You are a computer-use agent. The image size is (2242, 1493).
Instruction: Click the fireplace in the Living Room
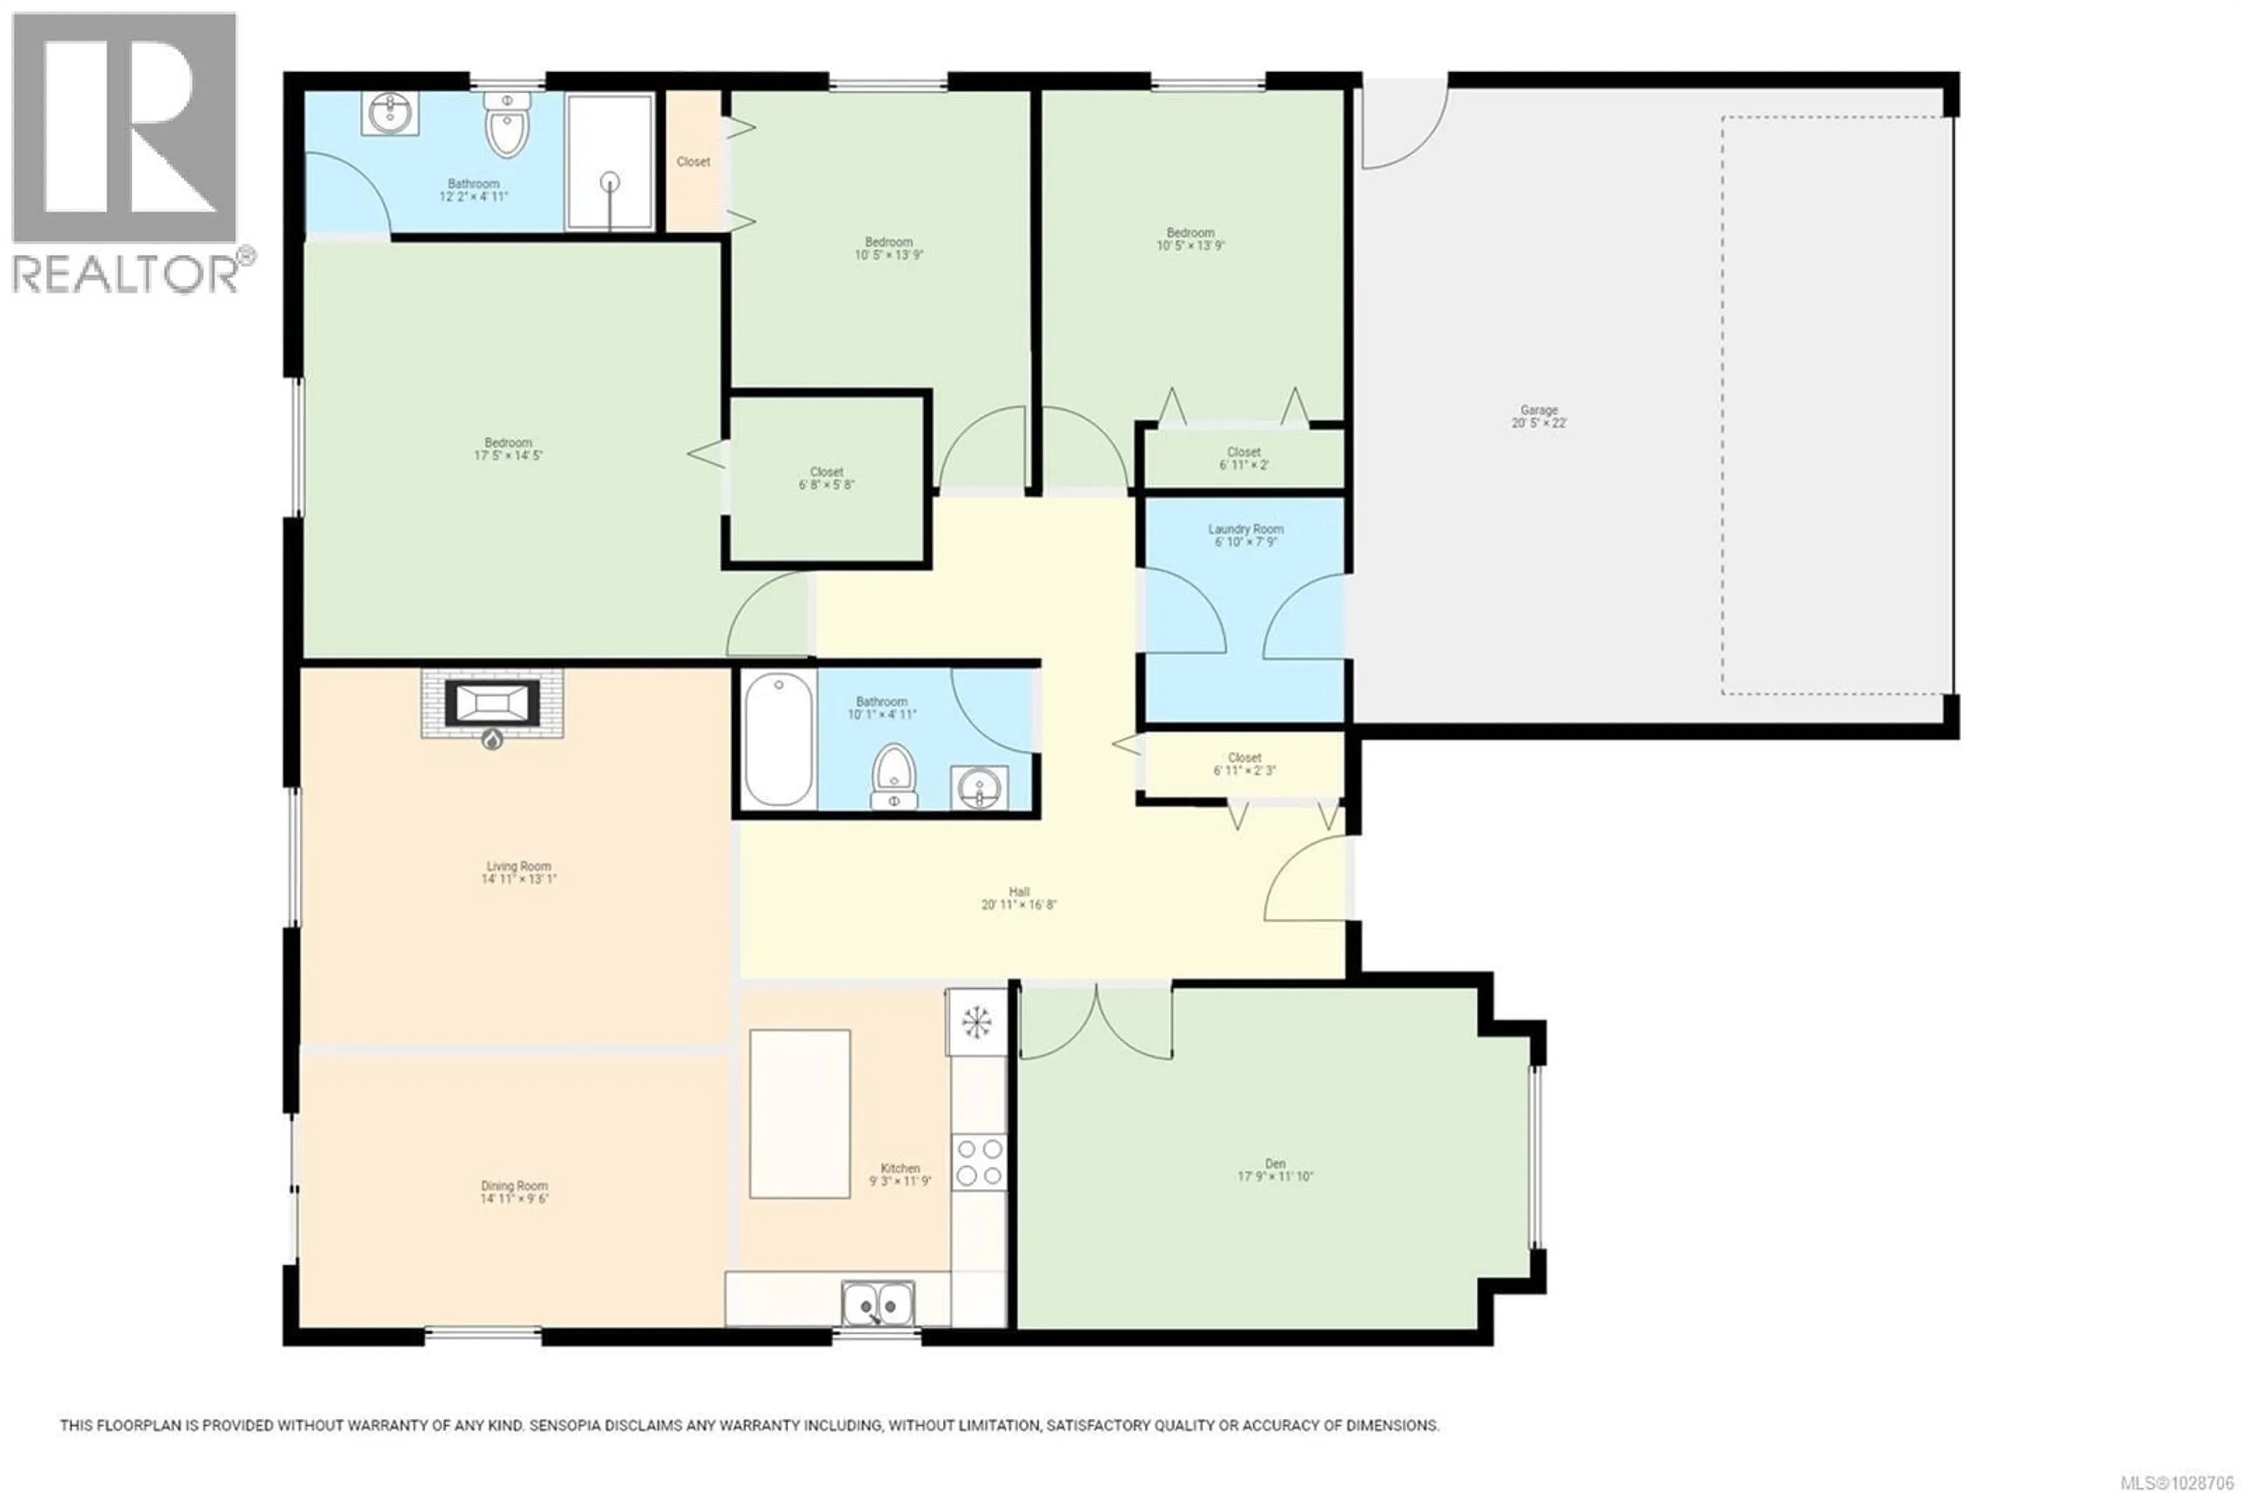[x=492, y=704]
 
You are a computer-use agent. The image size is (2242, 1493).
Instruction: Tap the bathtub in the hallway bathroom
[x=778, y=739]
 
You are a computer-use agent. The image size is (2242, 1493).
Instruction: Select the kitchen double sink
[x=877, y=1303]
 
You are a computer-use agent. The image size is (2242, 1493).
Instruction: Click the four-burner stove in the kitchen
[x=979, y=1163]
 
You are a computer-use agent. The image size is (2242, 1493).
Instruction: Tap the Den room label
[x=1275, y=1164]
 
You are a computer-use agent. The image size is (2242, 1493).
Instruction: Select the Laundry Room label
[x=1245, y=529]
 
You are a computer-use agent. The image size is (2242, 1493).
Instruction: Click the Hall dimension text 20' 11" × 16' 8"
[x=1018, y=905]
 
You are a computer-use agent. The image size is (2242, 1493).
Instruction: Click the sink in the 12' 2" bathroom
[x=389, y=115]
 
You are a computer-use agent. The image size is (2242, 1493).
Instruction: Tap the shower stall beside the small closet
[x=610, y=161]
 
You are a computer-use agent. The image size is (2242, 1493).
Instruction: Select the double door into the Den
[x=1095, y=1024]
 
